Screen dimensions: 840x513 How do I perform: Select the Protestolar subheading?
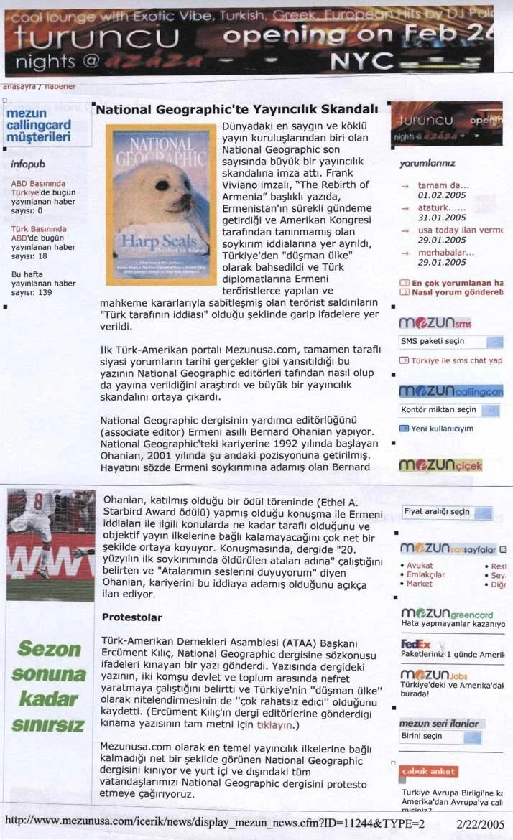pos(131,617)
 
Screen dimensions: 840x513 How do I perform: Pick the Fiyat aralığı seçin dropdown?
pos(447,513)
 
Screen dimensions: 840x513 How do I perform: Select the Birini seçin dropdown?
pos(445,736)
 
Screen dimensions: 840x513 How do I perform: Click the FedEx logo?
pos(416,644)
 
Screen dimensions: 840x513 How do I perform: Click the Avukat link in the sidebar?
pos(420,566)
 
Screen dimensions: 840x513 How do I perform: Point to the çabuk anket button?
pos(428,771)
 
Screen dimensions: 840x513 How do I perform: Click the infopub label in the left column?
pos(28,164)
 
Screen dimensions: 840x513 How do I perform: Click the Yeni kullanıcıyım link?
pos(442,429)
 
